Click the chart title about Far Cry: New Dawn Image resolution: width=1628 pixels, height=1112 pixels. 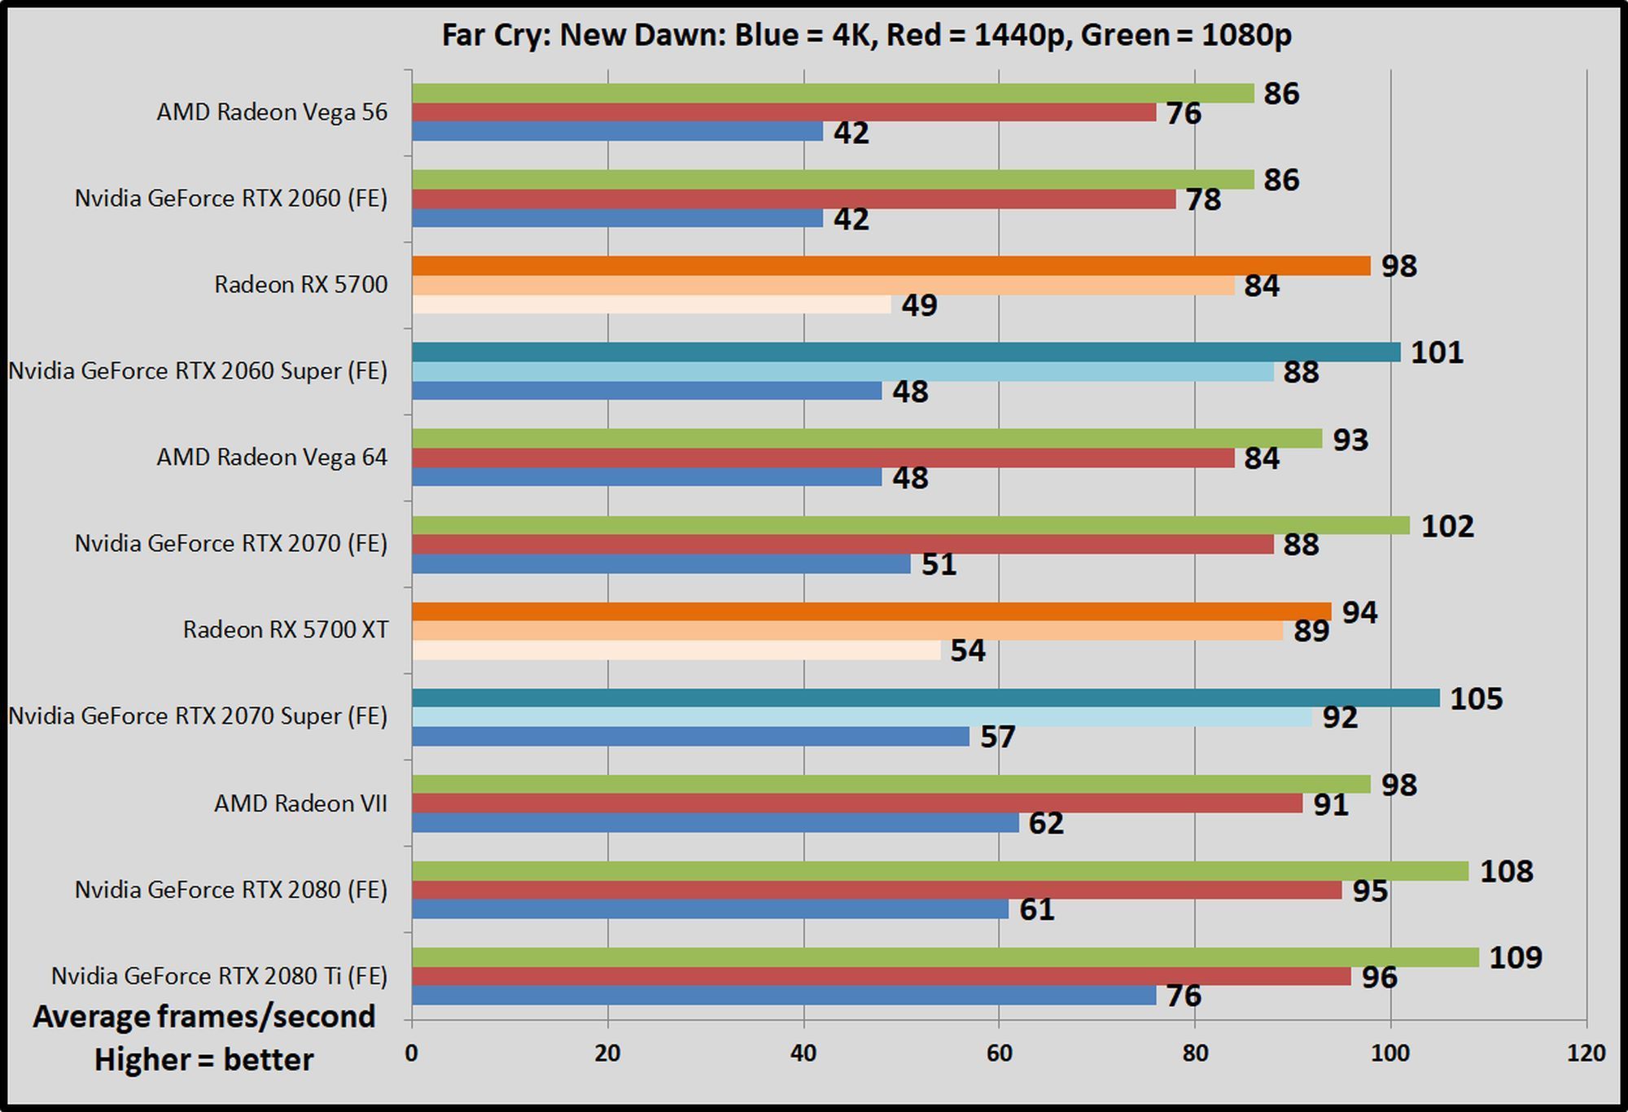(866, 35)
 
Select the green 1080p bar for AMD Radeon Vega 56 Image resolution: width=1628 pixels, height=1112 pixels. (832, 94)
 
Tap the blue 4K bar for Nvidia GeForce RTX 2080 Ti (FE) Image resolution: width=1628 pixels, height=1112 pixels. (783, 996)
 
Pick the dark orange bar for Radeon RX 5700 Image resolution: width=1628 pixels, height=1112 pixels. (891, 266)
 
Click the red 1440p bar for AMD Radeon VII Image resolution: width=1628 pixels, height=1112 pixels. (856, 803)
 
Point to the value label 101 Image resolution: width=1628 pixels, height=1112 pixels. (1437, 352)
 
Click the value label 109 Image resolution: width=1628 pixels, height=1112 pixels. (1515, 957)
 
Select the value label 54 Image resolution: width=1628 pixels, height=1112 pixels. (967, 650)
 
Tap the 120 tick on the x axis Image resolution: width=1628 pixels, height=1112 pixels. (1586, 1053)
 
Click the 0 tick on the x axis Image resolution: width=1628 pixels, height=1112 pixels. (412, 1053)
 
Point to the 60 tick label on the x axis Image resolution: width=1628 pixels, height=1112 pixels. (999, 1053)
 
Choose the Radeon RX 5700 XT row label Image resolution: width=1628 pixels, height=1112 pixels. (285, 630)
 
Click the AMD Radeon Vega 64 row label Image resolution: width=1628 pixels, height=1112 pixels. (272, 457)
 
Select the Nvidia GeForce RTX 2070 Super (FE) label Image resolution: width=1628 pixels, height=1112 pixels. (198, 716)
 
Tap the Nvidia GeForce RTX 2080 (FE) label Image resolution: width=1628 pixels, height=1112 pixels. (230, 890)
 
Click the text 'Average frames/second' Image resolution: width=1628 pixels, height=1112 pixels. (203, 1017)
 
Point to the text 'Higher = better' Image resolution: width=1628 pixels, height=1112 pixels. (203, 1060)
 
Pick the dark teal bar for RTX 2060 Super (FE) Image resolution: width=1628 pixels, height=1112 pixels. (905, 352)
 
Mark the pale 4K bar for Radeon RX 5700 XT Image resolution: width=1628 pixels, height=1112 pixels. (676, 650)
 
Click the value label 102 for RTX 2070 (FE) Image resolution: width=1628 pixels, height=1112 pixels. (1446, 526)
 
